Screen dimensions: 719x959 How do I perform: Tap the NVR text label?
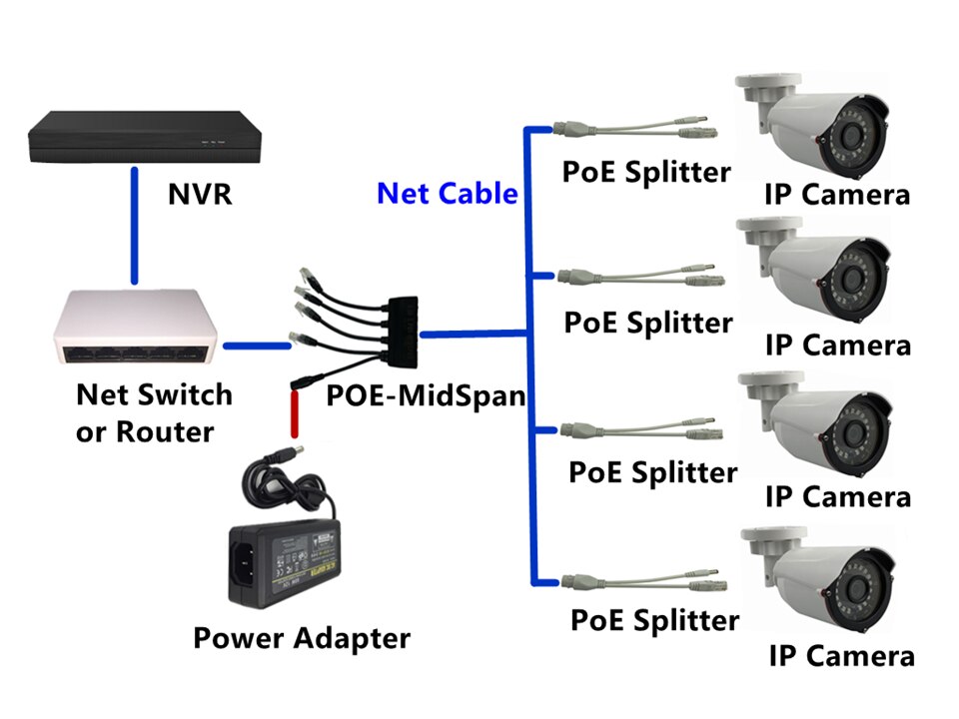tap(200, 192)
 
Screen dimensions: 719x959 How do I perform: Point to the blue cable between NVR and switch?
tap(133, 225)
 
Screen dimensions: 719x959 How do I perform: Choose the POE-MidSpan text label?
tap(426, 395)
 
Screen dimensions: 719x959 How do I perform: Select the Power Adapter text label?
tap(301, 637)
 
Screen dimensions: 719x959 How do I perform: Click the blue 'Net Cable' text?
tap(447, 193)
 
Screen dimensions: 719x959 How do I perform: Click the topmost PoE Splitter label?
tap(646, 171)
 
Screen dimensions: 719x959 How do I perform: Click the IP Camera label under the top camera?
tap(837, 194)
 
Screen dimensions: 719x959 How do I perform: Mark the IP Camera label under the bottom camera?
tap(841, 656)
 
